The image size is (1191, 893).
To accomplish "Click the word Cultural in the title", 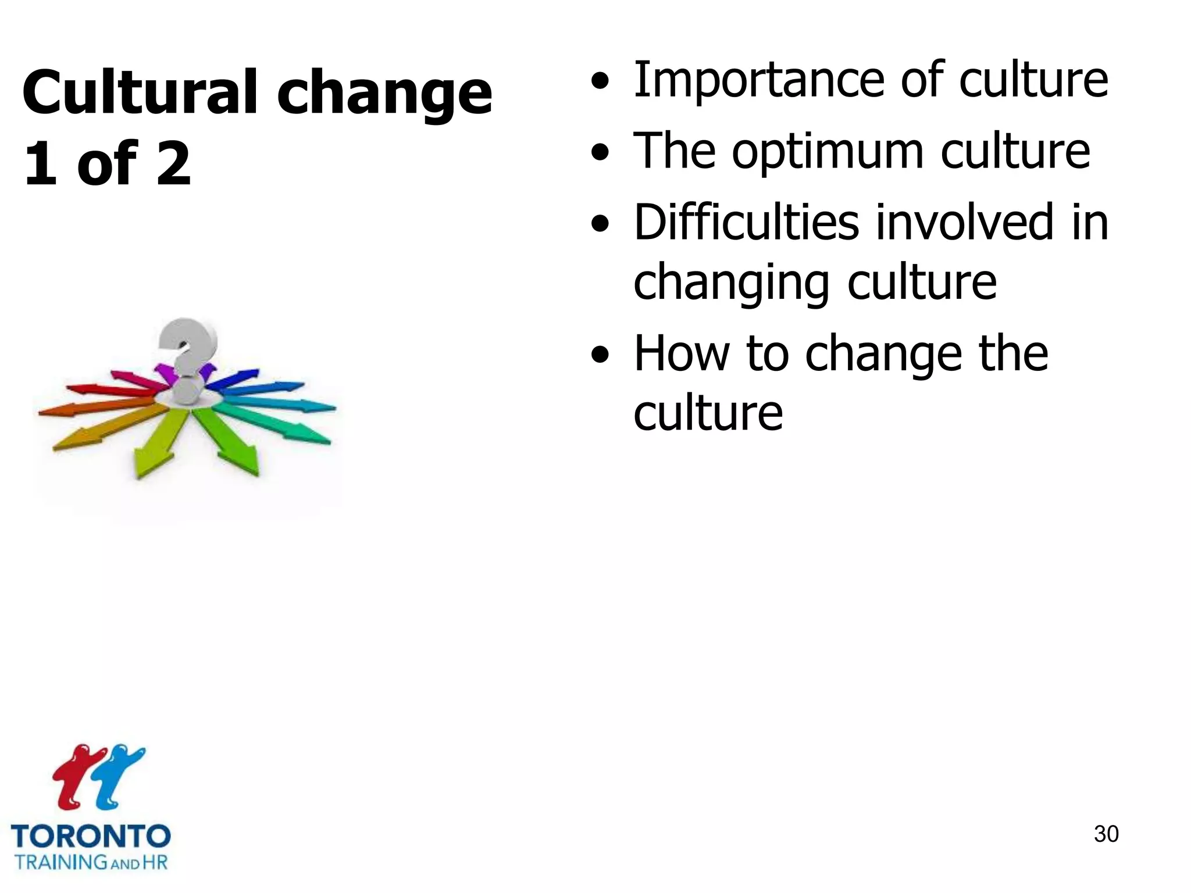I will pyautogui.click(x=140, y=93).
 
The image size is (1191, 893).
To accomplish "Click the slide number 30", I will pyautogui.click(x=1106, y=834).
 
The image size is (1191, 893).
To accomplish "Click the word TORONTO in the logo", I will pyautogui.click(x=91, y=837).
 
